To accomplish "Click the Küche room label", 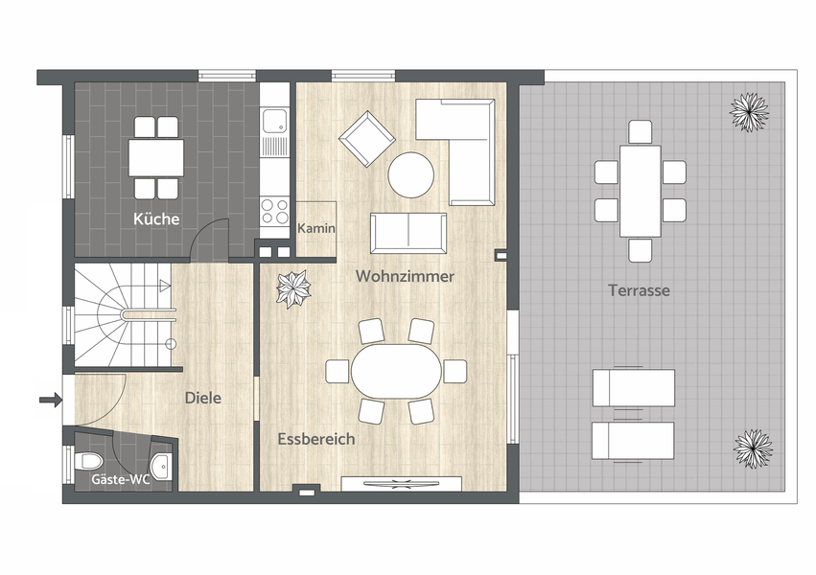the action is click(x=156, y=218).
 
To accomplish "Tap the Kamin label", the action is click(x=316, y=228).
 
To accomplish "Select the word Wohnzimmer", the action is click(x=405, y=276).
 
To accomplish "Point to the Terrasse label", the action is click(x=639, y=290).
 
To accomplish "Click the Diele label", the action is click(x=203, y=398).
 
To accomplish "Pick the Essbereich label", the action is click(x=316, y=439).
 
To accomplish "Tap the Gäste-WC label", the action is click(x=121, y=479).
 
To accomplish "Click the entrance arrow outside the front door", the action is click(x=51, y=400).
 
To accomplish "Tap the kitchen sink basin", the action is click(x=274, y=121).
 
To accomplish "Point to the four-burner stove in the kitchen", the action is click(x=275, y=211).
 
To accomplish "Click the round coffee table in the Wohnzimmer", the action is click(x=411, y=174).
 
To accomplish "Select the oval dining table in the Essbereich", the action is click(x=396, y=371).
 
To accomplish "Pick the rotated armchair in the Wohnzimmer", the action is click(x=367, y=139).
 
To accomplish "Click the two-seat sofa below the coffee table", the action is click(x=408, y=234).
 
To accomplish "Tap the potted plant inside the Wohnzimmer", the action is click(x=293, y=289).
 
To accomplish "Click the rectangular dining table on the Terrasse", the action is click(x=641, y=192).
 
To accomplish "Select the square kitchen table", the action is click(x=156, y=157).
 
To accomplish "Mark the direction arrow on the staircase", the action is click(x=165, y=285).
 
